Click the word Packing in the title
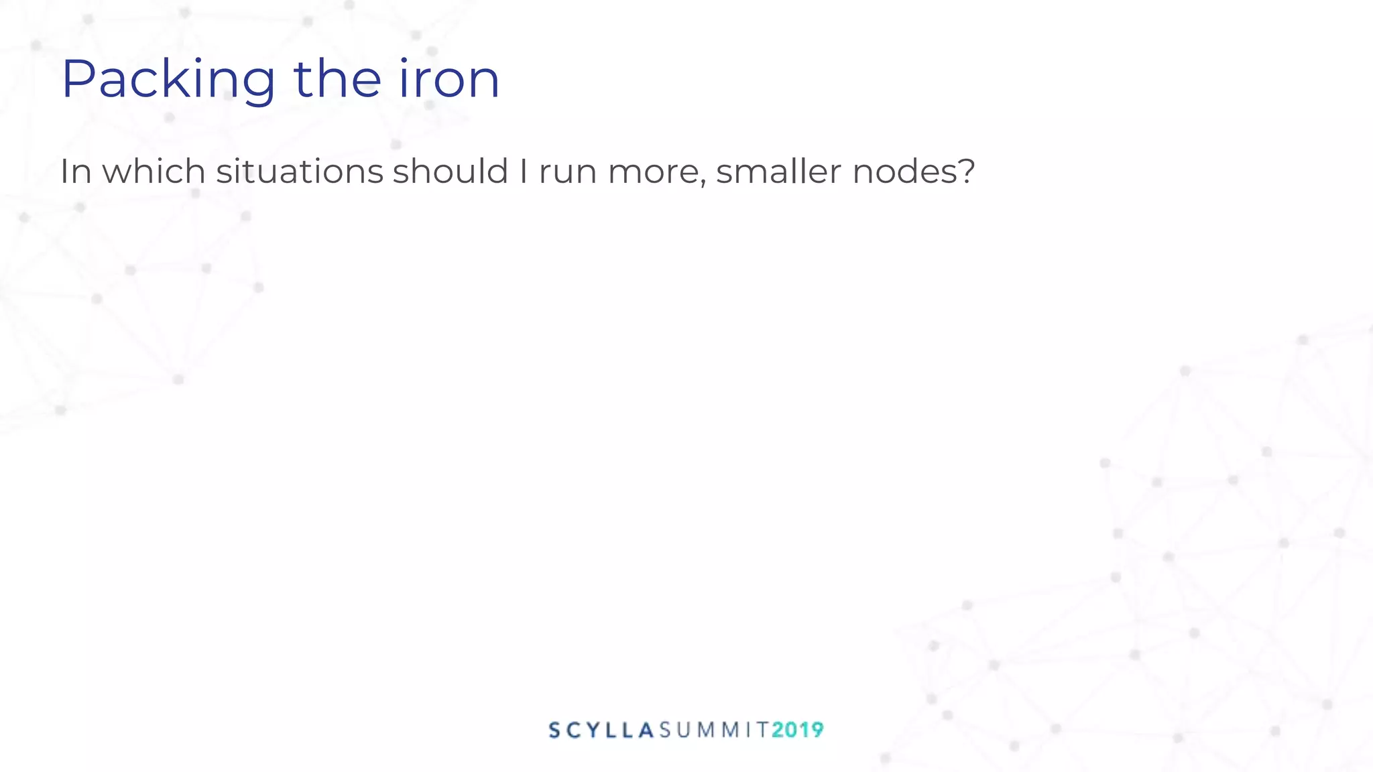pos(168,80)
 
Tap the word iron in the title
pos(449,80)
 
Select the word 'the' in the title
pos(337,80)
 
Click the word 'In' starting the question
pos(76,172)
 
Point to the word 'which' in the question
pos(154,172)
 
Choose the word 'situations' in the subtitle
pos(299,172)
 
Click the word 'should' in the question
pos(451,172)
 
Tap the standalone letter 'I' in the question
pos(524,172)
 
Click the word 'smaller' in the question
pos(778,172)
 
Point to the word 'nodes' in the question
pos(903,172)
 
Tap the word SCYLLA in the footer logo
pos(601,730)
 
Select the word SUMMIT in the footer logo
pos(713,730)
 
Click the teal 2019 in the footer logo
pos(798,730)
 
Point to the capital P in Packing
pos(79,79)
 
